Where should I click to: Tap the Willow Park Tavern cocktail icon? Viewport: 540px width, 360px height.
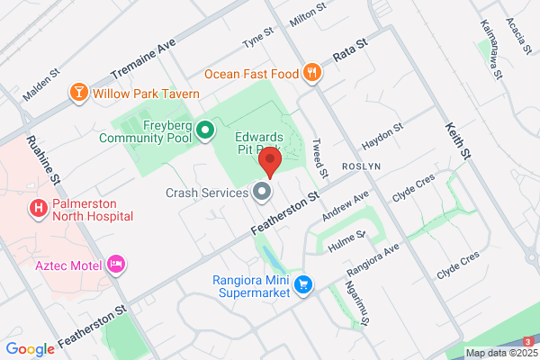coord(78,93)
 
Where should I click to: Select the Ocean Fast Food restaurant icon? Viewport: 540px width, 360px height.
coord(312,73)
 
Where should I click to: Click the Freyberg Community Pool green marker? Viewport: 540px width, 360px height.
coord(204,131)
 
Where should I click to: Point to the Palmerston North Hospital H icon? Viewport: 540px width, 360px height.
coord(39,209)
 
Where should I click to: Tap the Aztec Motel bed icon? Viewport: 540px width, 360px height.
coord(115,264)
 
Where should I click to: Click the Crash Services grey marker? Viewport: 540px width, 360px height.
coord(262,192)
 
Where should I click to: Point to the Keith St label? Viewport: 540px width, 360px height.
coord(457,143)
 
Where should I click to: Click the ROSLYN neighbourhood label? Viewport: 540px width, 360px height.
coord(363,167)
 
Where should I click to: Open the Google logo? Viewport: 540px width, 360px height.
coord(30,349)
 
